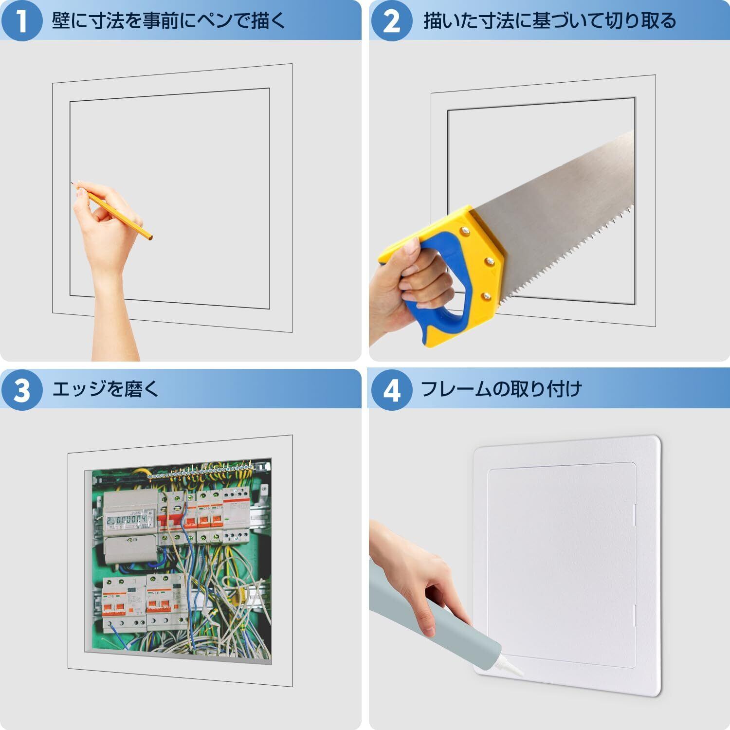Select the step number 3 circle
pos(22,389)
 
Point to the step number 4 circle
pos(392,389)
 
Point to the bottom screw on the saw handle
pos(485,295)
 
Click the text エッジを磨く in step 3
pos(106,389)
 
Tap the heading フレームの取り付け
pos(502,389)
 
